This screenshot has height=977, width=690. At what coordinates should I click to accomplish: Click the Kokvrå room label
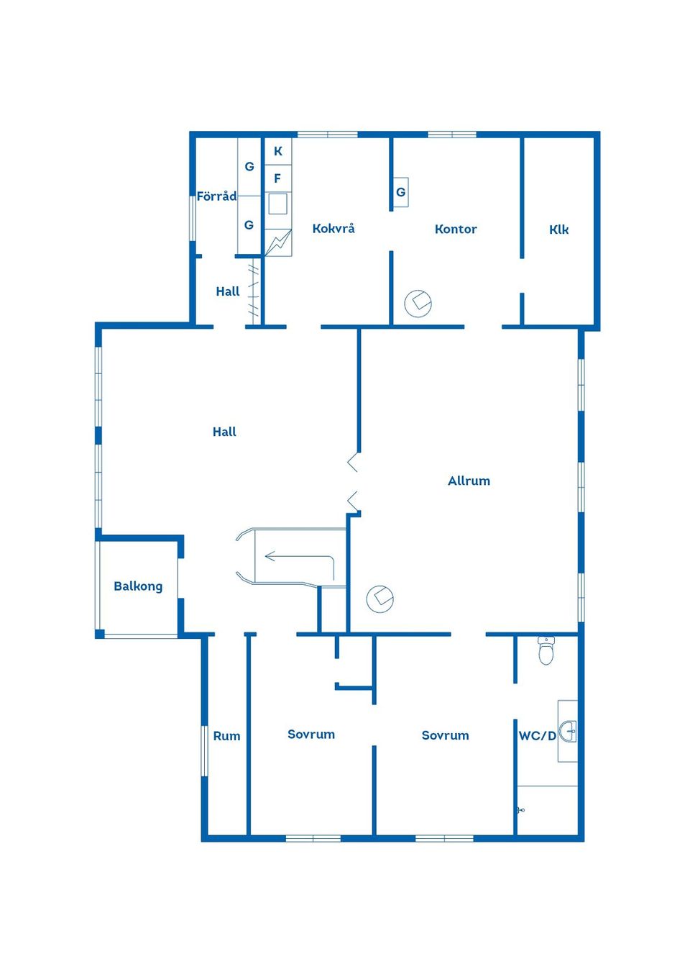click(333, 229)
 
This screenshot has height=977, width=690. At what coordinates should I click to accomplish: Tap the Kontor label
click(456, 229)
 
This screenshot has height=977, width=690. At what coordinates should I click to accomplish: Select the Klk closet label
click(559, 230)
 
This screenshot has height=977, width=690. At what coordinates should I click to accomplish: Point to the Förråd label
click(216, 196)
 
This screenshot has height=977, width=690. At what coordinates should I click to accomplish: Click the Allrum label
click(469, 481)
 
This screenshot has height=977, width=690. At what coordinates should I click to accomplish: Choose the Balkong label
click(138, 586)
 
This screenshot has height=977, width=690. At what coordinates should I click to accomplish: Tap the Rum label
click(226, 736)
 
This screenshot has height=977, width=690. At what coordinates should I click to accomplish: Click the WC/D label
click(537, 736)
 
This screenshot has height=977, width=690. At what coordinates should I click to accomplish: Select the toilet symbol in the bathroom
click(546, 650)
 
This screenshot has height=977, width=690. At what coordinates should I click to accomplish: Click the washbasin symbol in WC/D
click(569, 732)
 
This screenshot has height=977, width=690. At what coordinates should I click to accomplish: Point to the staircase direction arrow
click(299, 558)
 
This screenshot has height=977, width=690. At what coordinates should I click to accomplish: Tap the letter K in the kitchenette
click(278, 151)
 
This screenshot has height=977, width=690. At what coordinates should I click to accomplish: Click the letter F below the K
click(277, 178)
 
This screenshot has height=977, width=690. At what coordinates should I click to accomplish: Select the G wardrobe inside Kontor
click(401, 192)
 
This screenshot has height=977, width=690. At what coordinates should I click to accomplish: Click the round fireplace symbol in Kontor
click(418, 303)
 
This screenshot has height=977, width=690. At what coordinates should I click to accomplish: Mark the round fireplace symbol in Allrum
click(379, 599)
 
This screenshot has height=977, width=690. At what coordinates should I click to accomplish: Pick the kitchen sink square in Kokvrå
click(277, 204)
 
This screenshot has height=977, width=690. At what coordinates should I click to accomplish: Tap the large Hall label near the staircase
click(224, 432)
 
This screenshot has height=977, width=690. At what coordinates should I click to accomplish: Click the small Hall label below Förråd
click(228, 291)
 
